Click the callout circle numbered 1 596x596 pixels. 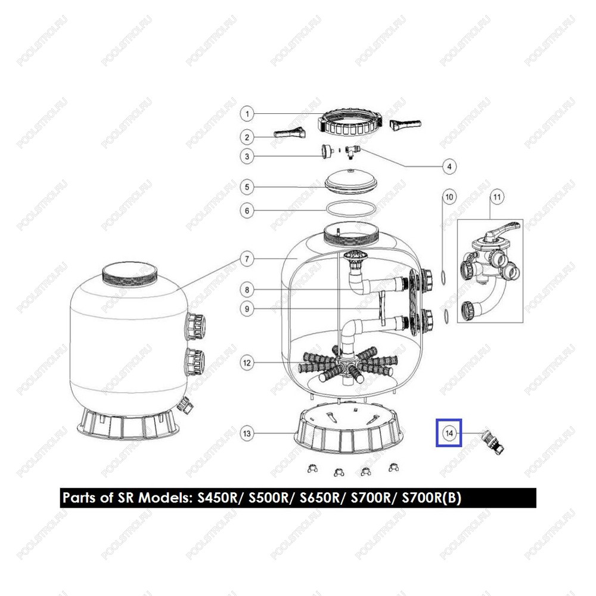tap(247, 114)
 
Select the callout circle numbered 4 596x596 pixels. tap(449, 166)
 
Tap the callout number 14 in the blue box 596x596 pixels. tap(449, 433)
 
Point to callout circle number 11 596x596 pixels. tap(497, 197)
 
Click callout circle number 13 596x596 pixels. tap(247, 433)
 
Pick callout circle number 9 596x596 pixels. tap(247, 309)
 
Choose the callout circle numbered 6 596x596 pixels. tap(247, 210)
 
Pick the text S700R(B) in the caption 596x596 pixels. tap(432, 498)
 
